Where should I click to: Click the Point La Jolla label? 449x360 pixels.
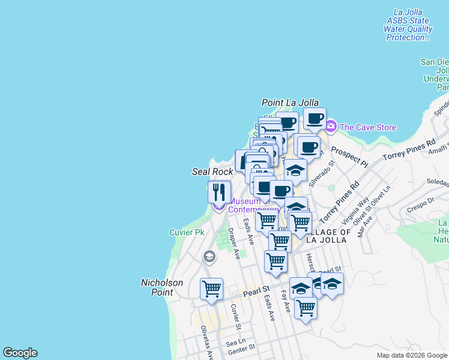click(290, 103)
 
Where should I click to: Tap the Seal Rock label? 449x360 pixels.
click(212, 172)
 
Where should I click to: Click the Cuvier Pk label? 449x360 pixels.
click(188, 232)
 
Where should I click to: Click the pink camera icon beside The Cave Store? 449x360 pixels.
click(331, 127)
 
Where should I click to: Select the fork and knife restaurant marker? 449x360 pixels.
click(219, 193)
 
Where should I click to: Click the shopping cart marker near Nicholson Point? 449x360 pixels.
click(211, 289)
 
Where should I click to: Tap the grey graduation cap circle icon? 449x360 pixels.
click(209, 257)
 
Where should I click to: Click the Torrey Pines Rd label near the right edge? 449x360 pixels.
click(411, 152)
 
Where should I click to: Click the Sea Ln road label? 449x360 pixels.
click(232, 342)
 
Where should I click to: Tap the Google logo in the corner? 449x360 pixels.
click(20, 353)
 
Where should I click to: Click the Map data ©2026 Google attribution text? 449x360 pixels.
click(411, 355)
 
